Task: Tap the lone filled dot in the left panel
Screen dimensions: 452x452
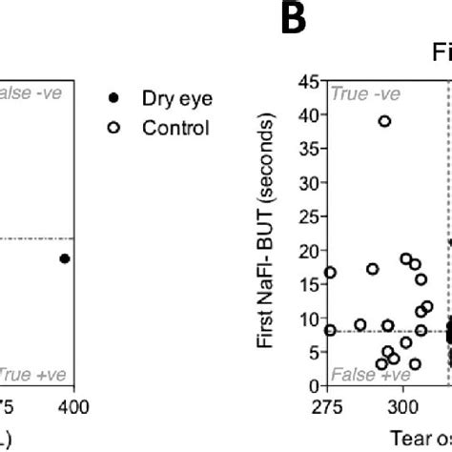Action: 64,258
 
